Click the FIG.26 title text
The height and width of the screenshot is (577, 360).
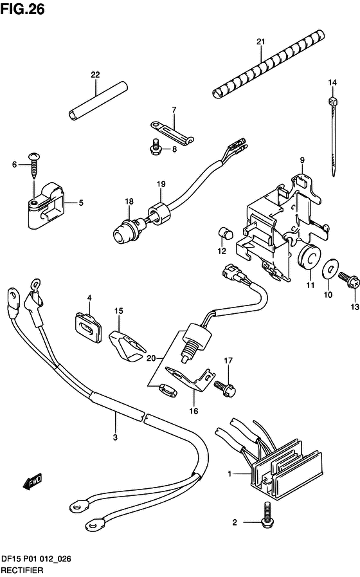click(x=22, y=9)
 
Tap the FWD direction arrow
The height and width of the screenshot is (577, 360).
click(x=33, y=482)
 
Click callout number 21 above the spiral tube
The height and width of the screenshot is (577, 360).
click(x=261, y=42)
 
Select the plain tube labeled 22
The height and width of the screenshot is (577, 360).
click(x=98, y=101)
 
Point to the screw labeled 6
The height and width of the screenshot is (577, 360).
click(x=34, y=165)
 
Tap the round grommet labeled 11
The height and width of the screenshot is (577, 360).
click(x=309, y=257)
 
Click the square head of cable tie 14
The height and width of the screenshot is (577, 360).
click(x=332, y=101)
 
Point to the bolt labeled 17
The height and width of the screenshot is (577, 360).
click(x=224, y=388)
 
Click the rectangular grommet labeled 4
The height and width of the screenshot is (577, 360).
click(x=88, y=327)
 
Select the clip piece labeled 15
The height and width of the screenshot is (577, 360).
click(x=127, y=345)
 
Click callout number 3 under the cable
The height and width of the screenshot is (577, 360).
click(x=116, y=437)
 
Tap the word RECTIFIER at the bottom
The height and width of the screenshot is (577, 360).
click(x=22, y=571)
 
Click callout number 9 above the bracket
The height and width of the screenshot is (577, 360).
click(x=302, y=160)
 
